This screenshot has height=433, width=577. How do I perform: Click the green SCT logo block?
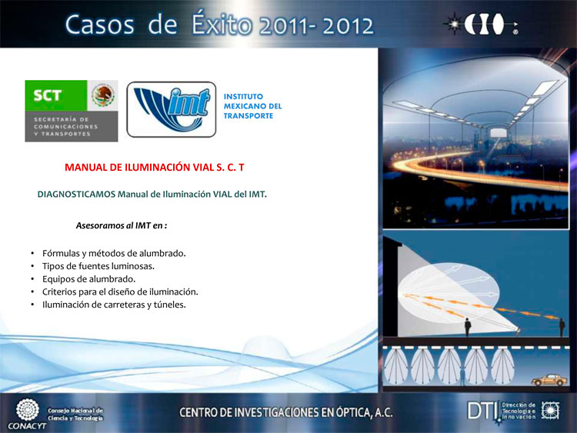(56, 95)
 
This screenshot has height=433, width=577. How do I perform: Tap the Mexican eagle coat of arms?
(102, 95)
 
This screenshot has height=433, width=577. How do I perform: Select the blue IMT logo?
(172, 109)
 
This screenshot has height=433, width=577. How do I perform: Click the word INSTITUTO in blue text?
(243, 96)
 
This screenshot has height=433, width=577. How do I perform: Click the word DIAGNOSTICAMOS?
(76, 195)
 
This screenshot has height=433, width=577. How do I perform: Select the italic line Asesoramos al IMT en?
(122, 225)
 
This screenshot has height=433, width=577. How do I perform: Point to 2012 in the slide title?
(348, 25)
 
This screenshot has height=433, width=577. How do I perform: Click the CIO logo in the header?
(482, 24)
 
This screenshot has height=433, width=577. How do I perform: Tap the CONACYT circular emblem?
(28, 409)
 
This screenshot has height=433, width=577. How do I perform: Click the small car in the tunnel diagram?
(549, 380)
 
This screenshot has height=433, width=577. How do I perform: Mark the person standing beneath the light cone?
(468, 327)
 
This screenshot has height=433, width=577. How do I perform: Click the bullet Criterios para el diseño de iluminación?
(120, 291)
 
